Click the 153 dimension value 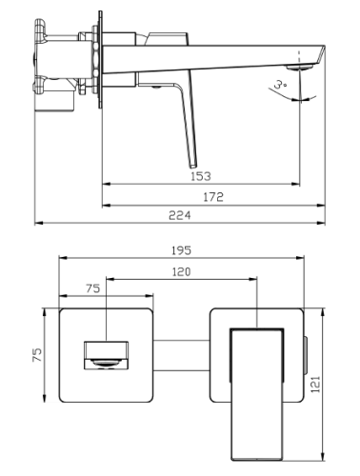click(x=201, y=176)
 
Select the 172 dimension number click(x=213, y=197)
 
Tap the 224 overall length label click(x=180, y=215)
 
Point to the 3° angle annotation click(x=280, y=85)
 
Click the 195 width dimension click(x=181, y=250)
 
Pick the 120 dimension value click(x=181, y=272)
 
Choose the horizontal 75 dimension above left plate click(x=92, y=288)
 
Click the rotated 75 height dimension click(x=37, y=355)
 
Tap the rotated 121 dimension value click(x=315, y=385)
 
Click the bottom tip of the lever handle click(x=193, y=166)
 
